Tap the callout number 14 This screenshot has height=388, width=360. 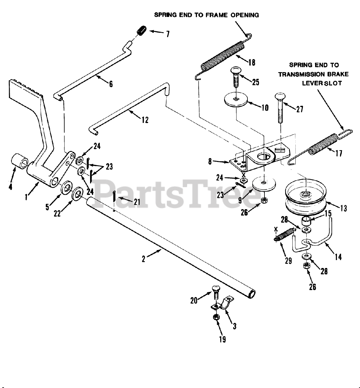click(338, 257)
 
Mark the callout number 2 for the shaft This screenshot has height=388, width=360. click(143, 259)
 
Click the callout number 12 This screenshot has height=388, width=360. click(145, 120)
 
